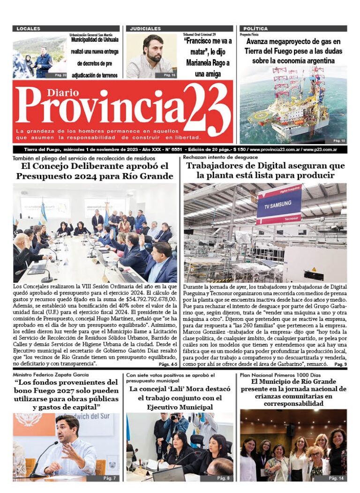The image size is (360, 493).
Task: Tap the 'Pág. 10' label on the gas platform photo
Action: pos(339,140)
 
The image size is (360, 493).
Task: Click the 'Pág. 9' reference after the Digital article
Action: pos(340,364)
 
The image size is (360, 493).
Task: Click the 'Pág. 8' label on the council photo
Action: pos(224,478)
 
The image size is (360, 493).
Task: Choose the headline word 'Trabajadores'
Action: pos(217,166)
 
